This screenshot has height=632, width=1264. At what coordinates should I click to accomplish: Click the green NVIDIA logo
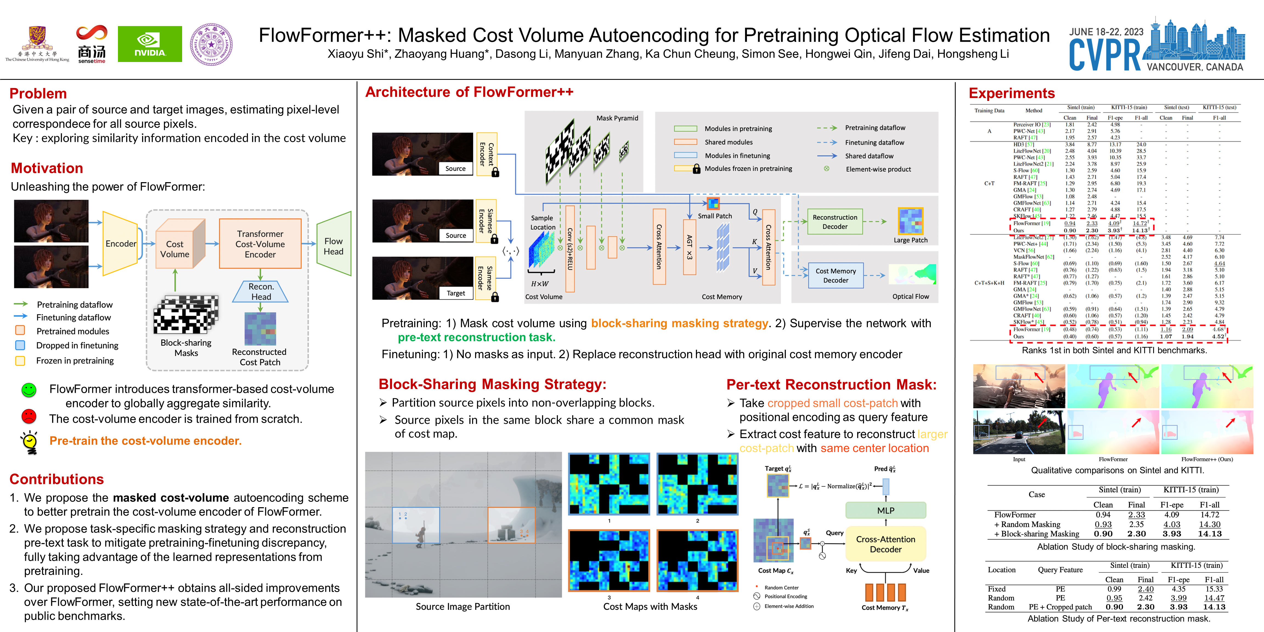[x=150, y=44]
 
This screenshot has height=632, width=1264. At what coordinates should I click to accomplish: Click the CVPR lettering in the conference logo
[x=1104, y=55]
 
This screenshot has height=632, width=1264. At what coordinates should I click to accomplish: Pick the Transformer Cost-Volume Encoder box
[x=260, y=244]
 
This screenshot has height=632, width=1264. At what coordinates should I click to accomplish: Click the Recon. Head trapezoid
[x=261, y=292]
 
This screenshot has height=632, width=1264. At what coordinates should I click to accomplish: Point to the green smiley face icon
[x=29, y=390]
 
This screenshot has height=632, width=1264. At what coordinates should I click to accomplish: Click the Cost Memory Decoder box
[x=835, y=275]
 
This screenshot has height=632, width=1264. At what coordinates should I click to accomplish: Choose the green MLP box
[x=886, y=510]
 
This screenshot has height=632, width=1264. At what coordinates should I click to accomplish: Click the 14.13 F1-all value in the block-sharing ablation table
[x=1209, y=534]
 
